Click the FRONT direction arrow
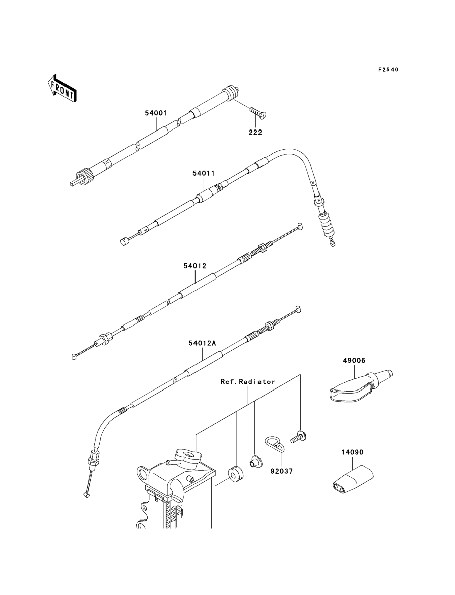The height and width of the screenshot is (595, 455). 62,88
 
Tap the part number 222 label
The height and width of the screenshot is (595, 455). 256,133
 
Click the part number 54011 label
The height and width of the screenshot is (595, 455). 204,173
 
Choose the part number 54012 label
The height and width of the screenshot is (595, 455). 195,266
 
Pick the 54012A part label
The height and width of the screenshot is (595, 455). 203,343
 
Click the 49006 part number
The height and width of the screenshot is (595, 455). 354,360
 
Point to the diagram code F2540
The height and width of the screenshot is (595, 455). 388,70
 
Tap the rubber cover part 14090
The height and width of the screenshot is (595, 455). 353,480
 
